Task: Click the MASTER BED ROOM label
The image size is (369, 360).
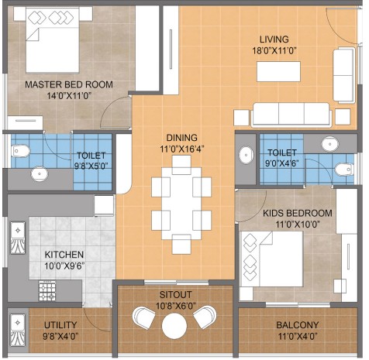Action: [x=69, y=84]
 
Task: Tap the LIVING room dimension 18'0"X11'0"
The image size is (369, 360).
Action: [x=274, y=50]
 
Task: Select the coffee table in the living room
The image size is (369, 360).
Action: [x=278, y=71]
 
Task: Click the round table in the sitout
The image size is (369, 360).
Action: [x=174, y=326]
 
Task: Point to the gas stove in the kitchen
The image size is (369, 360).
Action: [x=47, y=291]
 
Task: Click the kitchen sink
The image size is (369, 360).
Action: [x=18, y=238]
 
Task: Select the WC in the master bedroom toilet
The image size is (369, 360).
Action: [x=21, y=151]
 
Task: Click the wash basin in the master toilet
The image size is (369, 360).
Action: [x=40, y=173]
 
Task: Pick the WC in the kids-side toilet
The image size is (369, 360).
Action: [x=344, y=170]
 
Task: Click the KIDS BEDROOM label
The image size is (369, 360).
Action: [x=298, y=214]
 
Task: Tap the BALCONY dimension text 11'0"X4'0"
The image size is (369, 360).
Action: [x=298, y=337]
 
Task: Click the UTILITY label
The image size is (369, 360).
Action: [x=60, y=325]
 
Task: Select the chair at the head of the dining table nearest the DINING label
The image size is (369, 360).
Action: [x=181, y=165]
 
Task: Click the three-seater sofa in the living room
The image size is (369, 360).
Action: [x=291, y=115]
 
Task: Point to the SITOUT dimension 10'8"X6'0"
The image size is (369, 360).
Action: [x=175, y=306]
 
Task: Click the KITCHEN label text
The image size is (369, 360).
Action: [x=64, y=255]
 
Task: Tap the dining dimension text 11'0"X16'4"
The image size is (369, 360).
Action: [x=182, y=149]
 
